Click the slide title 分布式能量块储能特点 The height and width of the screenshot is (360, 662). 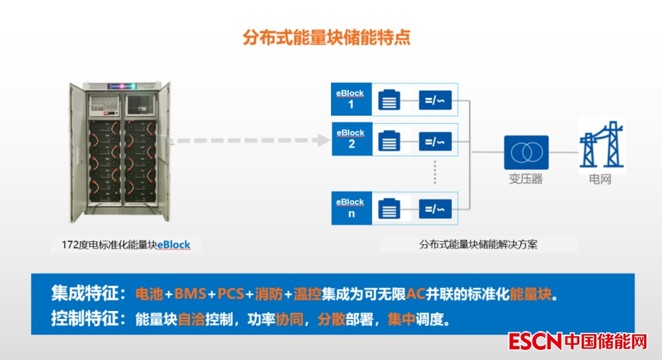tap(326, 38)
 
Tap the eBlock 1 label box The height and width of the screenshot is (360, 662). tap(351, 99)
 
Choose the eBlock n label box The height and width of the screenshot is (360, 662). tap(351, 208)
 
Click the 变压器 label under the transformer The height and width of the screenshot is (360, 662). tap(526, 179)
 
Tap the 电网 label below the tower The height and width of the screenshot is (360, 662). tap(600, 179)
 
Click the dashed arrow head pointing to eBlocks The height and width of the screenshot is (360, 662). tap(323, 140)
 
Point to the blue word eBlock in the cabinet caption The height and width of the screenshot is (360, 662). tap(173, 245)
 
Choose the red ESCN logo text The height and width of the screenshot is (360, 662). tap(535, 341)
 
